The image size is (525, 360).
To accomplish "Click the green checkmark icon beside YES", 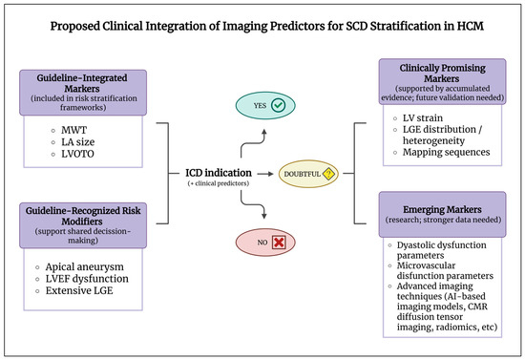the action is [278, 105].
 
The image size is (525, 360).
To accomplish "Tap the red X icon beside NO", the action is [279, 243].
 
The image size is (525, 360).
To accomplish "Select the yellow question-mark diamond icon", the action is [328, 174].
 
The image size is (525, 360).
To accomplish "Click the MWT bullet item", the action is [73, 130].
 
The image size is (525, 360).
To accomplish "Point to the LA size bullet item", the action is [77, 142].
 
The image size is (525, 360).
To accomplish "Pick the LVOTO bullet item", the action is [77, 154].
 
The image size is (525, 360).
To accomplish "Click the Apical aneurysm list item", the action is [84, 267].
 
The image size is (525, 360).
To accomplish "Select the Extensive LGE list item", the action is [79, 290].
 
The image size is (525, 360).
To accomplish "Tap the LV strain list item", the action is [423, 117].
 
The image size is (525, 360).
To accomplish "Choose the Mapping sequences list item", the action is [446, 152].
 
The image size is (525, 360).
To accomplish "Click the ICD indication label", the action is [219, 173].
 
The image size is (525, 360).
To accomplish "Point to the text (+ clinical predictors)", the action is [219, 183].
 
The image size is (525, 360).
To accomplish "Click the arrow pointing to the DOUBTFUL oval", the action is [265, 174].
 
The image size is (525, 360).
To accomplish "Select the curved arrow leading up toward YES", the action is [252, 143].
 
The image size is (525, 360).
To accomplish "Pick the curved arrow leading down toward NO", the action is [252, 203].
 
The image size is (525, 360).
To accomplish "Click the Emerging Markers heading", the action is [442, 210].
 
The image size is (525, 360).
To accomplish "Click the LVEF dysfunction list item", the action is [87, 279].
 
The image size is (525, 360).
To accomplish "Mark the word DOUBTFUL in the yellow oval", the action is [302, 174].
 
